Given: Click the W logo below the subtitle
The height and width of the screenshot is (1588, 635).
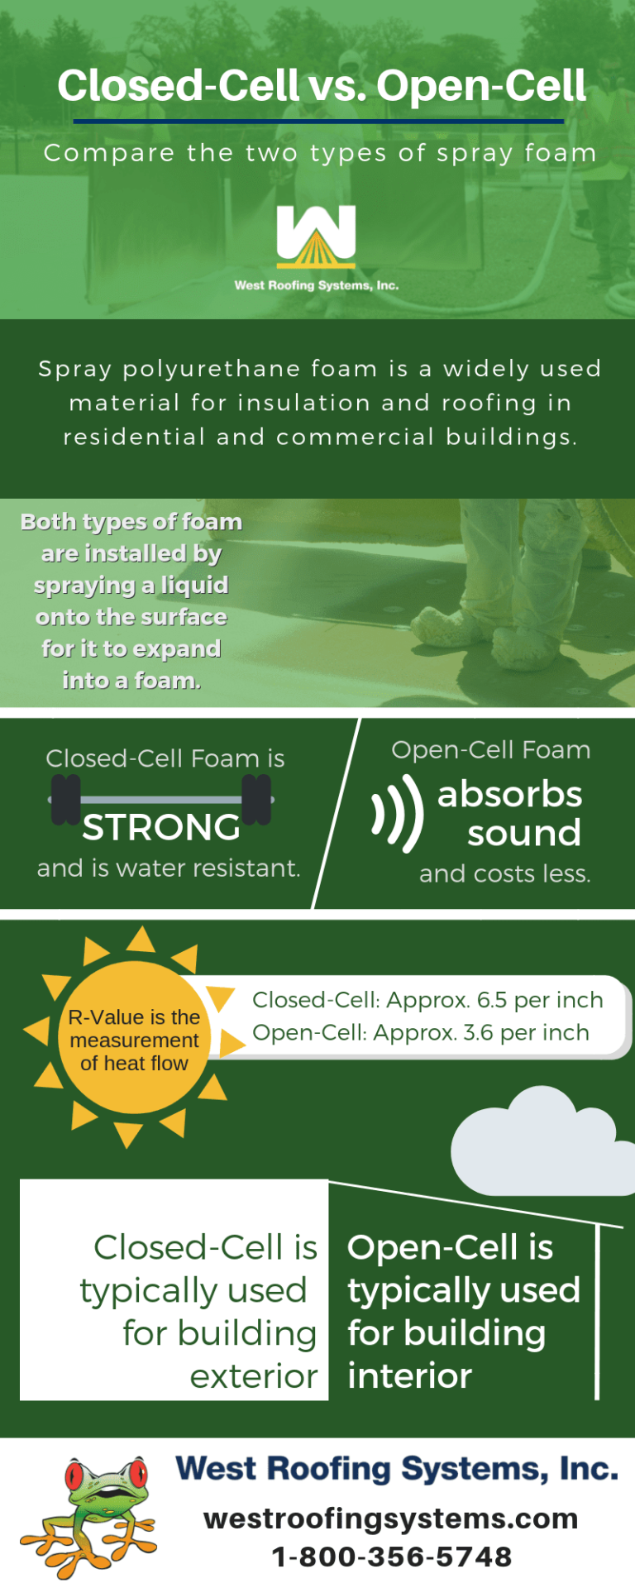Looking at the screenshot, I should click(x=317, y=237).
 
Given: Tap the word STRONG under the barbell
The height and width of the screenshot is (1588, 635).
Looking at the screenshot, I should click(x=161, y=828).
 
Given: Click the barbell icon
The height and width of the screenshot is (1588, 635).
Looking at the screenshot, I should click(x=161, y=799).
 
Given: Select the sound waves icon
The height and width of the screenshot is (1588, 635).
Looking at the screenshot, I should click(x=398, y=814).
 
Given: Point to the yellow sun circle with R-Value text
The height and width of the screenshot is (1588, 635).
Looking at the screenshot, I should click(x=134, y=1039).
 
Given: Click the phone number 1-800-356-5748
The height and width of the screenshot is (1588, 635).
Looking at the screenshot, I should click(x=392, y=1557).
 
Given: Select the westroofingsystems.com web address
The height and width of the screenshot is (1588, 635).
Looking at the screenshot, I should click(x=391, y=1519).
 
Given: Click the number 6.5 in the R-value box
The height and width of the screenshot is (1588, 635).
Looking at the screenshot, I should click(x=492, y=1000).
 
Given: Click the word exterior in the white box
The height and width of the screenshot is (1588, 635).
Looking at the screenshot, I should click(x=254, y=1376).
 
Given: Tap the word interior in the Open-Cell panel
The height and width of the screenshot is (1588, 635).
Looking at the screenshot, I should click(x=409, y=1376).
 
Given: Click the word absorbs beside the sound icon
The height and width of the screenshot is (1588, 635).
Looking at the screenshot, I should click(x=509, y=794).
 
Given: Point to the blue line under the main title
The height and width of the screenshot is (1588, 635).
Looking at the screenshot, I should click(x=318, y=122).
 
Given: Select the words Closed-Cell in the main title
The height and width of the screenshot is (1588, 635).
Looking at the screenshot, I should click(x=178, y=86).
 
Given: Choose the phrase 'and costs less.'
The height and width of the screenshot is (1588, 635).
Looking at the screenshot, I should click(x=504, y=874).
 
